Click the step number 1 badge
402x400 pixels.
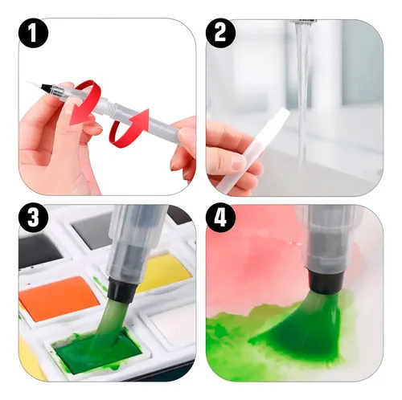[x=33, y=33]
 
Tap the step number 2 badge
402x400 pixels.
[x=220, y=33]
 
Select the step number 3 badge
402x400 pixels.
[x=33, y=218]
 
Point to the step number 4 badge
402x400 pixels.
[x=220, y=218]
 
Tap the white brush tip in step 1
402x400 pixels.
[x=34, y=84]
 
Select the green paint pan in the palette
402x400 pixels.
[x=94, y=349]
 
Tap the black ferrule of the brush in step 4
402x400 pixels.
[x=326, y=280]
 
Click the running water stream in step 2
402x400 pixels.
[x=303, y=107]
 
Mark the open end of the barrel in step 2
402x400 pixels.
[x=285, y=112]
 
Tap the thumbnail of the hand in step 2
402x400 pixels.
[x=239, y=162]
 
